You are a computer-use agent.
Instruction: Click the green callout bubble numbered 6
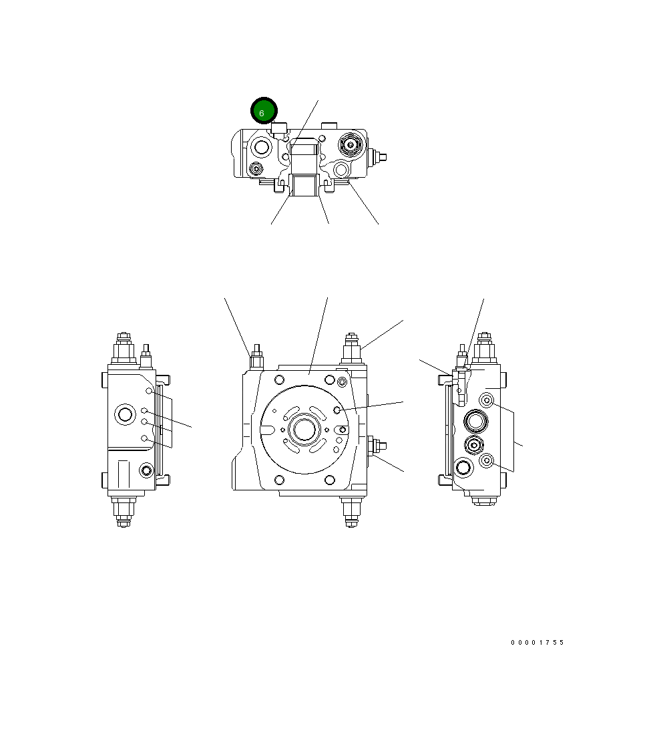coord(263,111)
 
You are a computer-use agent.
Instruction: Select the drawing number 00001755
coord(537,643)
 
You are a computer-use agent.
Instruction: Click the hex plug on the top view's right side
coord(350,144)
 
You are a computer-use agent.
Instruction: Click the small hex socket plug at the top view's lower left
coord(256,168)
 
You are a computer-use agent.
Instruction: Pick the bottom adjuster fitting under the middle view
coord(351,511)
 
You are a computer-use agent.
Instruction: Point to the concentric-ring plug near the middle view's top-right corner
coord(343,382)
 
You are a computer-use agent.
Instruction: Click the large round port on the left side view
coord(125,414)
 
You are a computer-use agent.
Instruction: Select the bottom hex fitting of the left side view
coord(124,512)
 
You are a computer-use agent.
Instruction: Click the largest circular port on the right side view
coord(475,422)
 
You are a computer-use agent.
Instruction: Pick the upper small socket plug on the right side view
coord(487,400)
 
